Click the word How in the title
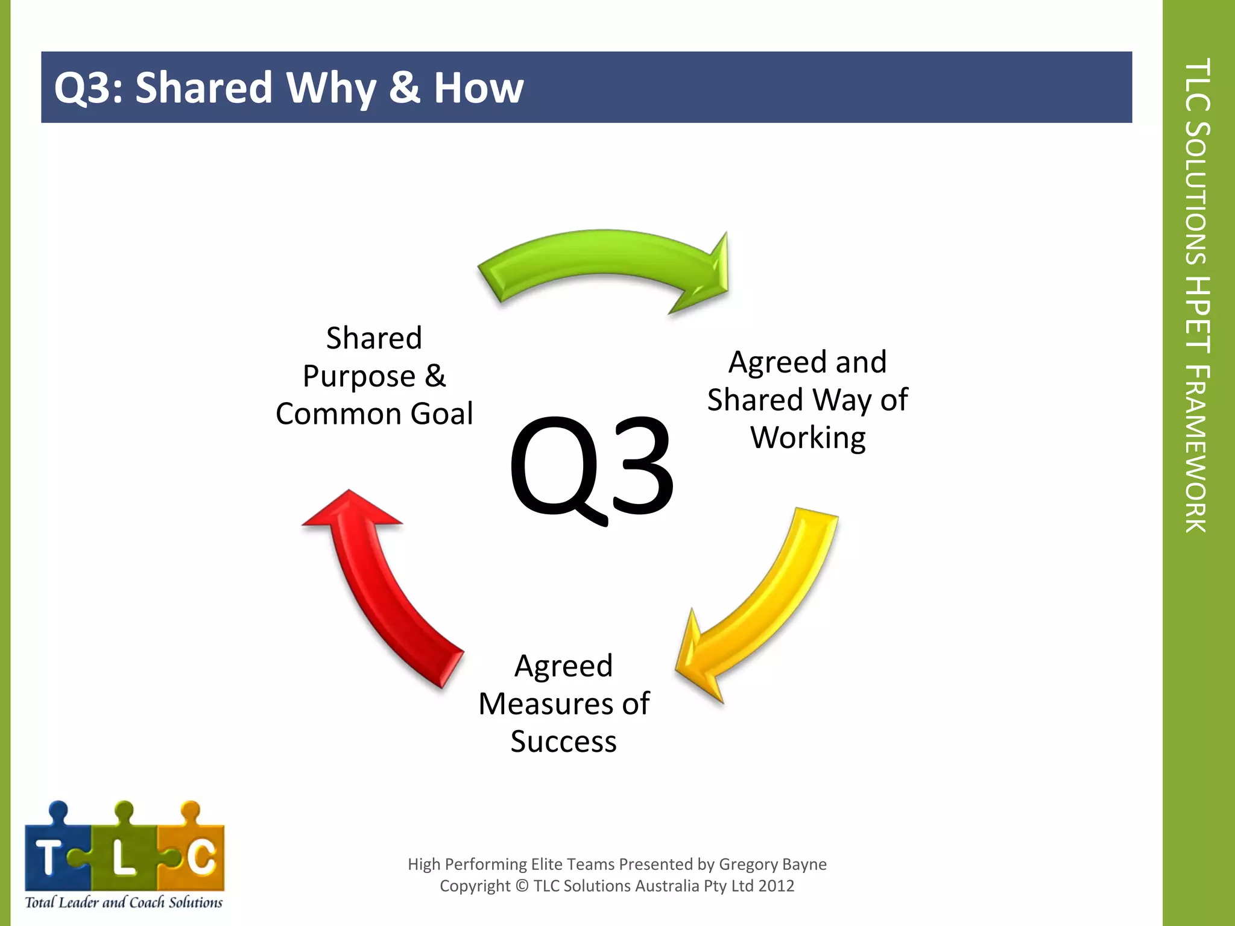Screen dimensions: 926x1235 tap(479, 88)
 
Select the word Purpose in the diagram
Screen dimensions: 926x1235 tap(359, 377)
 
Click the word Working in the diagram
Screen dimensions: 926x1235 tap(808, 438)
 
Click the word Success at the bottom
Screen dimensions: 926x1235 tap(563, 742)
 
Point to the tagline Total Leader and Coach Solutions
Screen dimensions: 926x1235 tap(124, 902)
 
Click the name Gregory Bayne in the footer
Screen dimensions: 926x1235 tap(772, 865)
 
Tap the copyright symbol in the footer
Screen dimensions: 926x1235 tap(522, 886)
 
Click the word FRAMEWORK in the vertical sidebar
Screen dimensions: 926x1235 tap(1197, 449)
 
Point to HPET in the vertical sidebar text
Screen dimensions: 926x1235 tap(1197, 313)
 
